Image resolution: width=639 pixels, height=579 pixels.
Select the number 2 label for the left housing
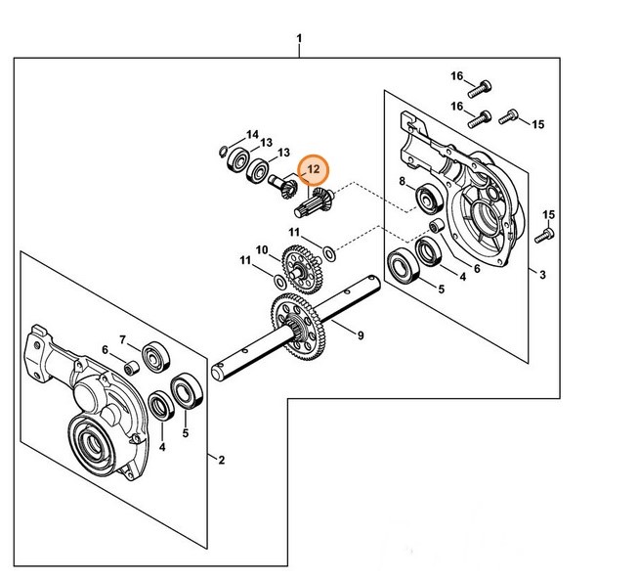coord(221,460)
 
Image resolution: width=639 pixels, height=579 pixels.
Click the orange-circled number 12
coord(314,170)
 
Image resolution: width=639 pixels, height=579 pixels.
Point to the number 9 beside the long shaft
coord(361,335)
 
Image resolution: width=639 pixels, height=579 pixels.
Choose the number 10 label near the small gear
coord(261,250)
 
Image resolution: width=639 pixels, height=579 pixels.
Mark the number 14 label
coord(252,134)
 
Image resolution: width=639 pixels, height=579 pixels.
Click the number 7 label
coord(123,339)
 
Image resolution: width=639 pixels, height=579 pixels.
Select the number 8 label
coord(402,182)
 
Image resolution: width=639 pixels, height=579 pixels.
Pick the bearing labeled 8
coord(428,200)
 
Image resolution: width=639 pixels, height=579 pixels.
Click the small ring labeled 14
coord(224,151)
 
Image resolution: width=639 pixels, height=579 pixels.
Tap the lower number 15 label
coord(548,214)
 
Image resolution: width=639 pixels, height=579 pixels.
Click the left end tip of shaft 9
coord(217,371)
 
